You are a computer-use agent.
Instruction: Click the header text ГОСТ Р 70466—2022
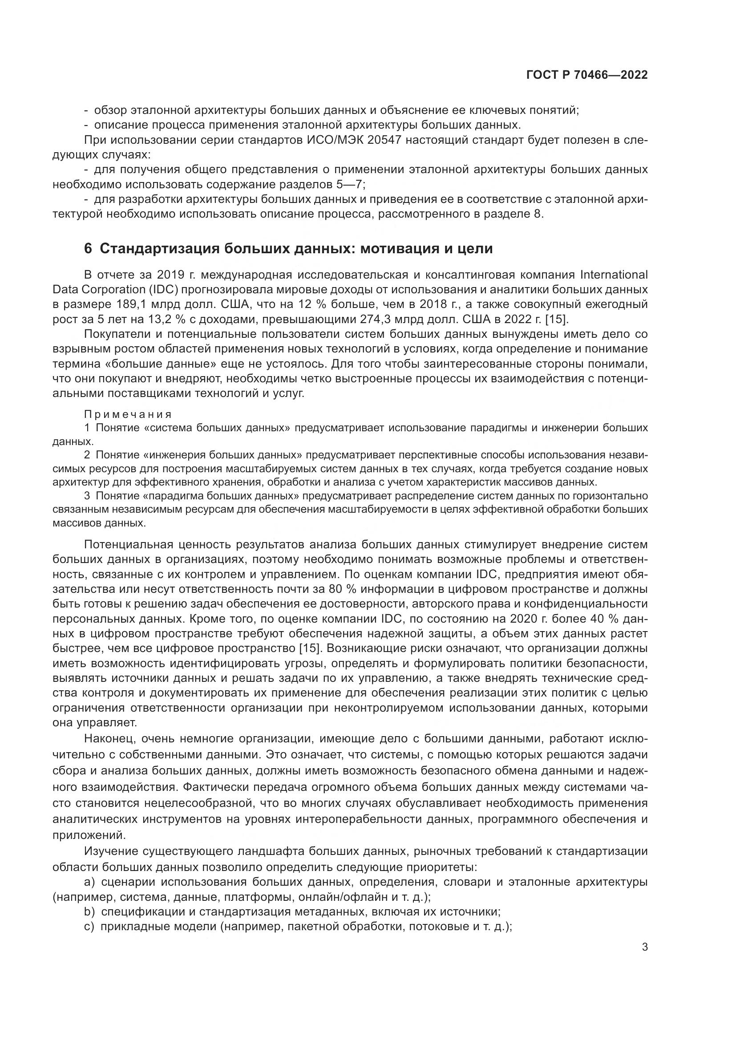(x=587, y=75)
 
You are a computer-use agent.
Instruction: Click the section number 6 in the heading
(x=88, y=249)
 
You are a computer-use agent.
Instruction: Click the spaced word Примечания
(x=128, y=414)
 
